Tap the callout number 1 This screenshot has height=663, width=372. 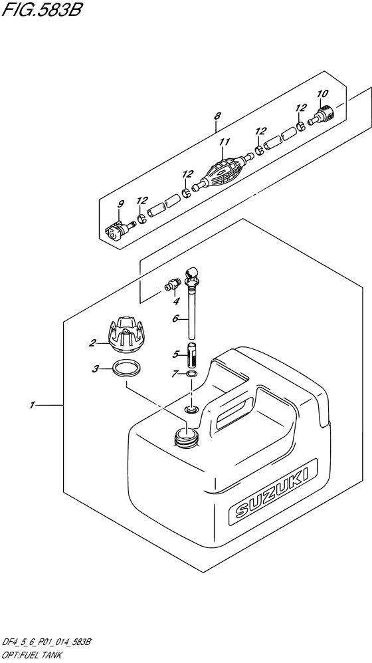31,404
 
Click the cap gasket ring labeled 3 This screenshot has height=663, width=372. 126,368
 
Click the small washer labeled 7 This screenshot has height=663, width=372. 192,375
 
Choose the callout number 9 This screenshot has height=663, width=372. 122,203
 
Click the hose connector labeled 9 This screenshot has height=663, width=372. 117,231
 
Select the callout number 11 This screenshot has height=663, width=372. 225,142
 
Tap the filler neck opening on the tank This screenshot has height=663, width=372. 185,436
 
